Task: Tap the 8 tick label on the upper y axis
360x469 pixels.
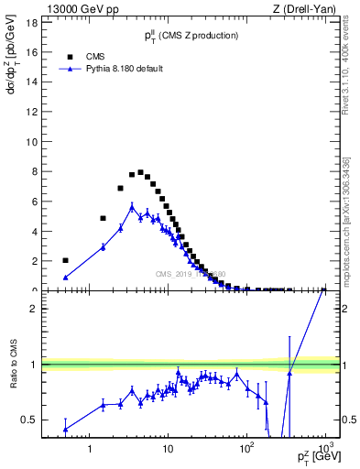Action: point(33,171)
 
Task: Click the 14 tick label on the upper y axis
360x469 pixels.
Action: point(31,82)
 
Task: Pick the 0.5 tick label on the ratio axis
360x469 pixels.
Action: point(29,420)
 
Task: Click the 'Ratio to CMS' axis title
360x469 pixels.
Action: point(13,380)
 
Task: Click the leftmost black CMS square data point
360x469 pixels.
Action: point(65,260)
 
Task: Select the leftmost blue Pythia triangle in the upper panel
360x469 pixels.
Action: point(65,277)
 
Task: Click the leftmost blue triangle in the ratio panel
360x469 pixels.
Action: point(65,429)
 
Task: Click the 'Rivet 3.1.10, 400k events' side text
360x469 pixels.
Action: point(349,73)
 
